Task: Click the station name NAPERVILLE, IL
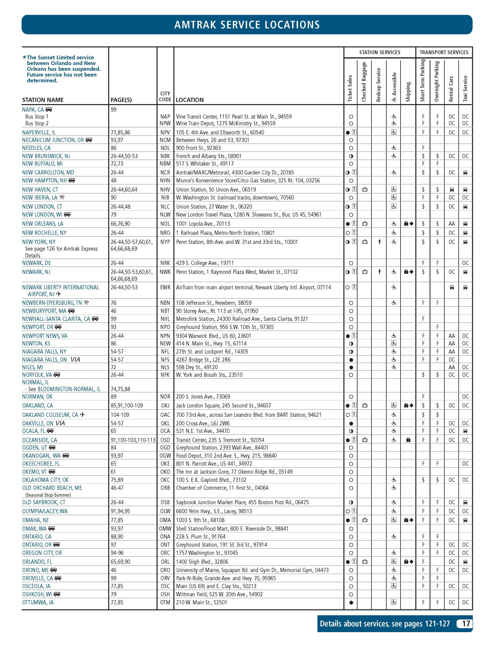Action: click(x=39, y=132)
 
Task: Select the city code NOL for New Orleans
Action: click(x=165, y=224)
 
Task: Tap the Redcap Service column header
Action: click(x=379, y=85)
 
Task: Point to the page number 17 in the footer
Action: click(x=466, y=623)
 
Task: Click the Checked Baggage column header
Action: click(x=364, y=82)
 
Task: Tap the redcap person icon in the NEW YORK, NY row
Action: click(x=379, y=242)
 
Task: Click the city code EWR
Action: click(x=165, y=287)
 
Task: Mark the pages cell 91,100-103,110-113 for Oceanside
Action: click(x=133, y=440)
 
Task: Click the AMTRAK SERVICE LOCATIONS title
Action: click(x=247, y=25)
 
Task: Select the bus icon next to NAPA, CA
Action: click(x=49, y=110)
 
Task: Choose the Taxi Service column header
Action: click(x=465, y=89)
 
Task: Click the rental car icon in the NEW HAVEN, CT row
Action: click(x=452, y=190)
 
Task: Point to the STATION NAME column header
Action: click(x=43, y=100)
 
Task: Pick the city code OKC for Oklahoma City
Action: click(x=165, y=480)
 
